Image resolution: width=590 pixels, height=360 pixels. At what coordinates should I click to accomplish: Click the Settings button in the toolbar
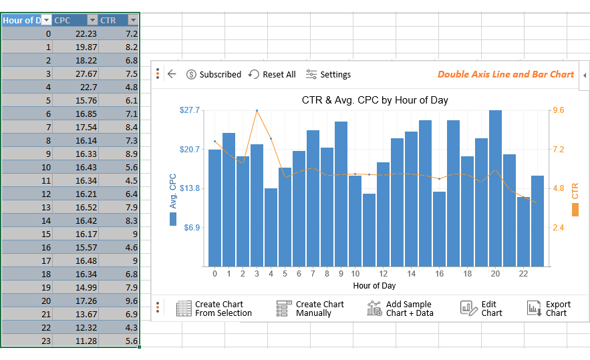[x=328, y=74]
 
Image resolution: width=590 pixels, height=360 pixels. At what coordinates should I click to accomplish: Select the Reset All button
[x=272, y=74]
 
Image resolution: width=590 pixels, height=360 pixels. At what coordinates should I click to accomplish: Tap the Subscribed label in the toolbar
[x=214, y=74]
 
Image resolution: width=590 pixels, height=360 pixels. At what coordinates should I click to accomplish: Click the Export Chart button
[x=549, y=309]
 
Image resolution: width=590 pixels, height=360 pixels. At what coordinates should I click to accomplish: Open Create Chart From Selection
[x=214, y=309]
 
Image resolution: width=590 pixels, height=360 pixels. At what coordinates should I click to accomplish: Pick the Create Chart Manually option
[x=311, y=309]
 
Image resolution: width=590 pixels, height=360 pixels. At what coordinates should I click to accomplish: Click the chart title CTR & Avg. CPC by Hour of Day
[x=375, y=100]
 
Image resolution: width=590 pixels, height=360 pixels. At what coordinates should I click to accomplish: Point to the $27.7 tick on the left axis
[x=190, y=110]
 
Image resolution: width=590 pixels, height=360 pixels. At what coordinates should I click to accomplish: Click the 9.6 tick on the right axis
[x=558, y=110]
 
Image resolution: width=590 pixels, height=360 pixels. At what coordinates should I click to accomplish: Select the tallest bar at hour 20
[x=495, y=187]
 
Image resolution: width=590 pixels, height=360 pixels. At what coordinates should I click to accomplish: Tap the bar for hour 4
[x=271, y=227]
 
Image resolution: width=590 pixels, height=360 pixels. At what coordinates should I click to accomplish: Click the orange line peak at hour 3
[x=257, y=111]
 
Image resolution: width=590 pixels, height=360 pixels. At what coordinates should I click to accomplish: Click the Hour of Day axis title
[x=374, y=286]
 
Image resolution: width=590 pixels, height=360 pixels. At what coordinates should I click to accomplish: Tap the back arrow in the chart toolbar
[x=172, y=74]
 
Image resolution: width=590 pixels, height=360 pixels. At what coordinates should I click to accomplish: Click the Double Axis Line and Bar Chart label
[x=505, y=74]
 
